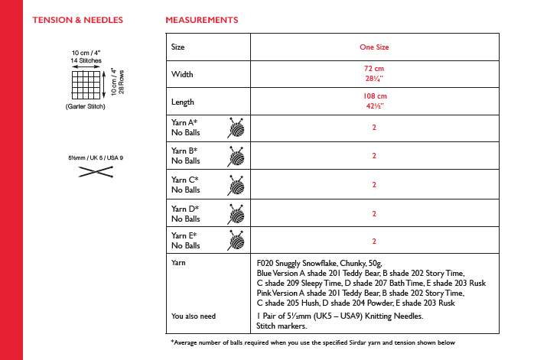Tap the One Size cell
click(x=374, y=47)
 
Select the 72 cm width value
click(x=374, y=70)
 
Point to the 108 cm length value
click(x=374, y=96)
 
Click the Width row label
click(x=183, y=75)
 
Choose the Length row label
click(x=184, y=102)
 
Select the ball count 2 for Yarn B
click(x=374, y=156)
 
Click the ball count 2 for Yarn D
click(x=374, y=212)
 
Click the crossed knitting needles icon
click(x=95, y=174)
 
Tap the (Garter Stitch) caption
click(x=85, y=106)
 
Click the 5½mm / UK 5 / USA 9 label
click(x=96, y=157)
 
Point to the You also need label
click(x=194, y=316)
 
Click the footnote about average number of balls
click(x=313, y=342)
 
